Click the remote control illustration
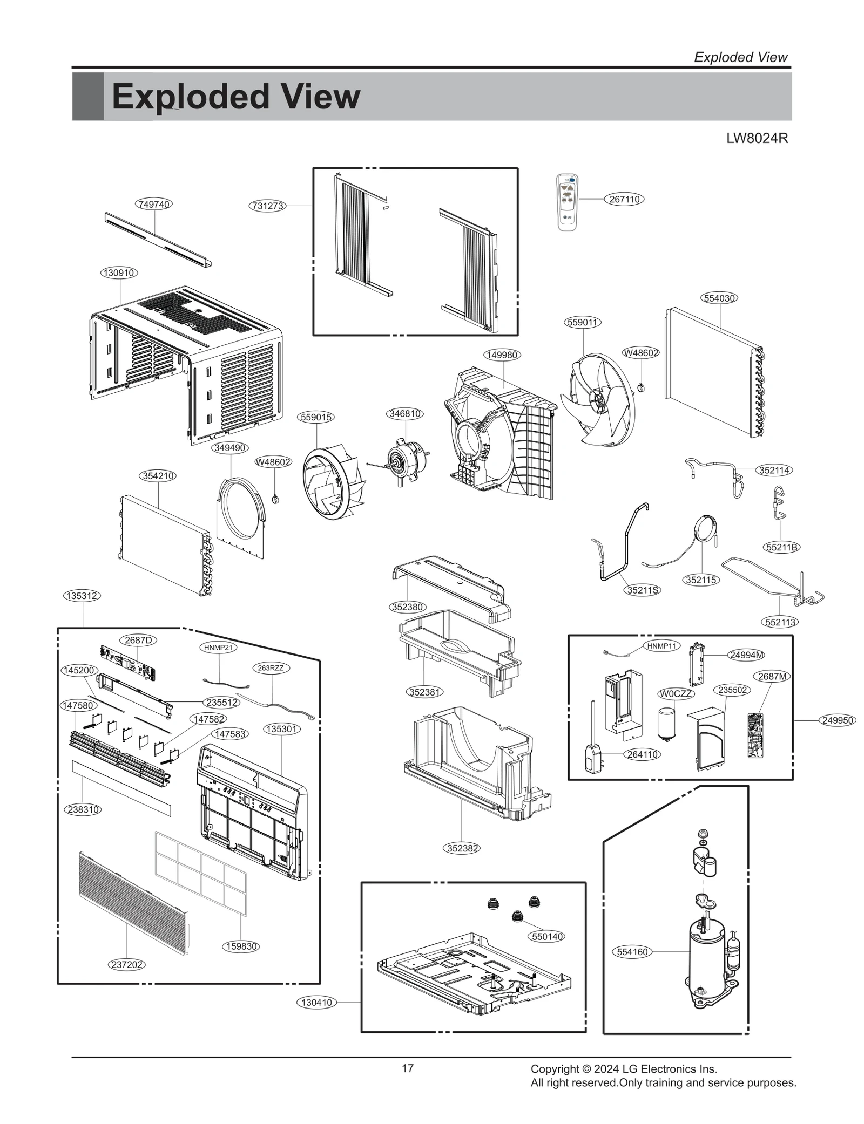[x=567, y=202]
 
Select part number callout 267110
[x=624, y=199]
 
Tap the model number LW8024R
[x=757, y=139]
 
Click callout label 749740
[x=154, y=204]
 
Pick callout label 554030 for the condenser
[x=720, y=298]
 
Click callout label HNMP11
[x=661, y=646]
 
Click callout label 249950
[x=838, y=720]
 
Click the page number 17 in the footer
[x=408, y=1068]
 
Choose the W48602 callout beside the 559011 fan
[x=641, y=353]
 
